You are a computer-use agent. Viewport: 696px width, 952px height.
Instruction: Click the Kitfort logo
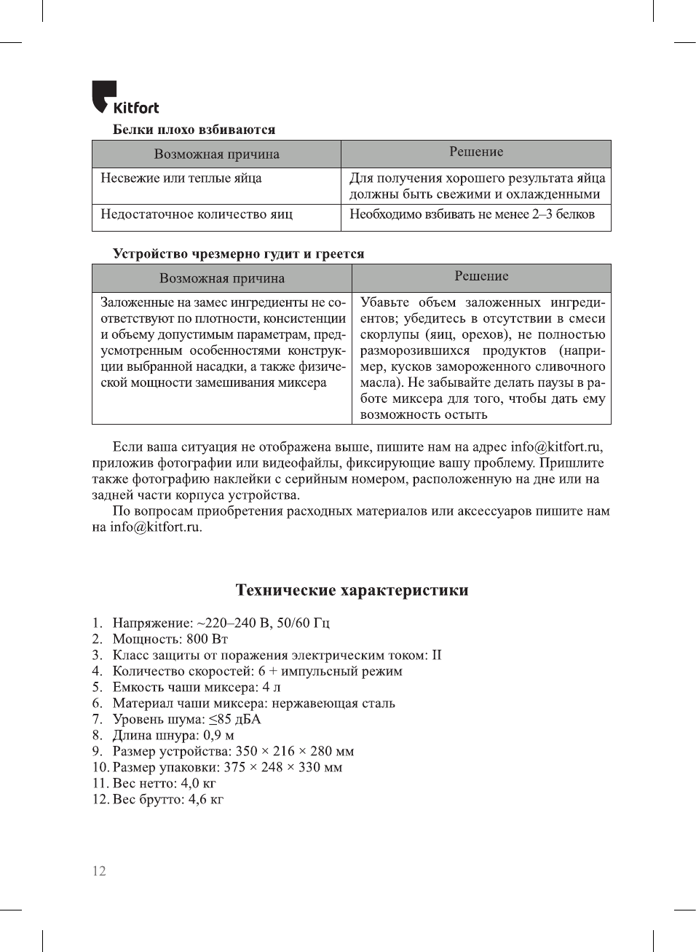point(124,98)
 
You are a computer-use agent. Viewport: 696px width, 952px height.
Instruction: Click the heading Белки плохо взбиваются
point(194,130)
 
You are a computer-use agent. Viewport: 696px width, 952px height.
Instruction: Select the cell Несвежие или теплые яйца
point(181,178)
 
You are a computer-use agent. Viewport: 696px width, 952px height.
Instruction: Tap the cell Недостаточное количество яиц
point(197,215)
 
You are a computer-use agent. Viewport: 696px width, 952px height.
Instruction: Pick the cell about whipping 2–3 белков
point(472,215)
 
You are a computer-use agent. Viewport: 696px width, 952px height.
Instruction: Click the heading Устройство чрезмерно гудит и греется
point(238,254)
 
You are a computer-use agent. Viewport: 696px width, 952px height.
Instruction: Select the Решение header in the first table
point(476,152)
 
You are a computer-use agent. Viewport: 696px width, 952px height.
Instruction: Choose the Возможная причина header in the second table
point(222,278)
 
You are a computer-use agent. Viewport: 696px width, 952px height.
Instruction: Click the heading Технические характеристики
point(352,590)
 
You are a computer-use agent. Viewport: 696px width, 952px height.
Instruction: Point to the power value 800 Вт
point(207,640)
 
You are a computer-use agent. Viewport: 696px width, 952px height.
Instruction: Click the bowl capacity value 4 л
point(272,688)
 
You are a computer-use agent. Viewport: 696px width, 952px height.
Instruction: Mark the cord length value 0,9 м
point(218,736)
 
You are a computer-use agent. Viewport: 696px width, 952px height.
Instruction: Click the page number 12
point(99,871)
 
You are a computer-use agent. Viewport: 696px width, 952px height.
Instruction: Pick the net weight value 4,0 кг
point(198,784)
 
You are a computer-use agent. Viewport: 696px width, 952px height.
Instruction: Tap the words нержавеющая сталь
point(333,704)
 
